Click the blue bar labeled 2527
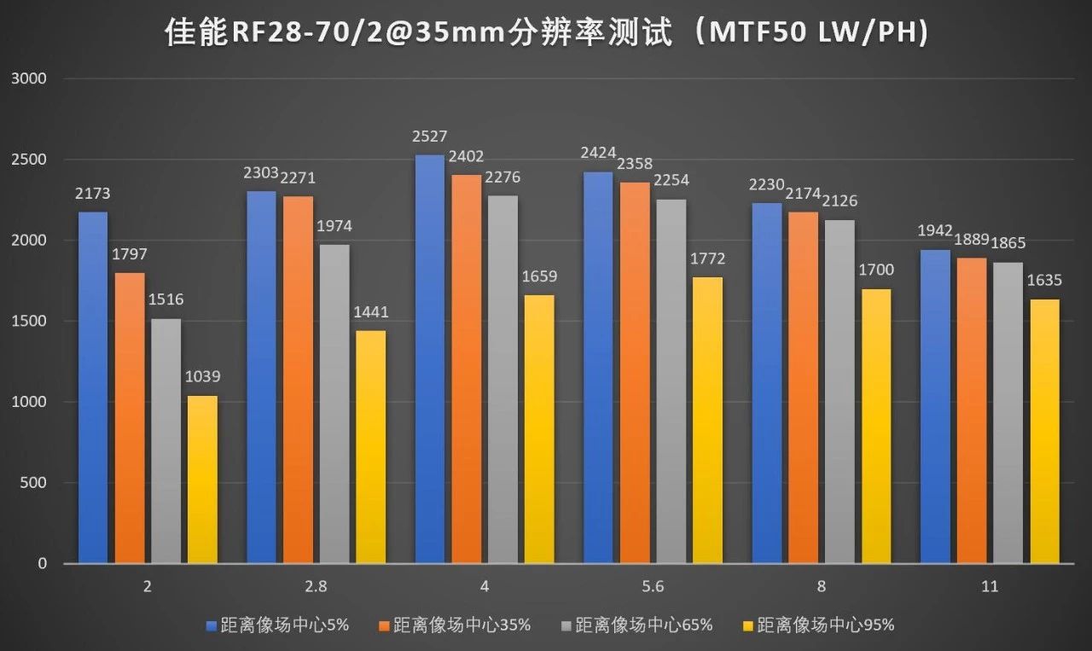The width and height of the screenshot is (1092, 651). [430, 358]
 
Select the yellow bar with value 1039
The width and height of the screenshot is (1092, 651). [203, 480]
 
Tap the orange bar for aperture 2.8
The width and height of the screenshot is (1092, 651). [299, 380]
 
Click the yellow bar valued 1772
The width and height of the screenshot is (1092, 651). [707, 420]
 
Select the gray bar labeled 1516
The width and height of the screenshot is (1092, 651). [166, 440]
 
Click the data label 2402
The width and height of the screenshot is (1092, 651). [467, 157]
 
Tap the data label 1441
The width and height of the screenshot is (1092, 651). [370, 313]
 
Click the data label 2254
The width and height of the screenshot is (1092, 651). [671, 181]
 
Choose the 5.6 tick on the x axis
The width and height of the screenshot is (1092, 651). [653, 587]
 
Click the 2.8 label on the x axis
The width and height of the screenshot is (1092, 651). [316, 587]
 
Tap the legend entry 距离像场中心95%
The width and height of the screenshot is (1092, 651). [825, 625]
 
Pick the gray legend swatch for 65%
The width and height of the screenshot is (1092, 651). [566, 625]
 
